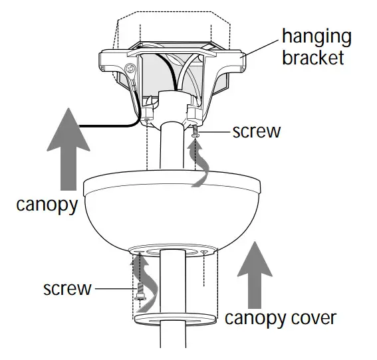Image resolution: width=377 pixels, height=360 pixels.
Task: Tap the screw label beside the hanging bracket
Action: pyautogui.click(x=257, y=130)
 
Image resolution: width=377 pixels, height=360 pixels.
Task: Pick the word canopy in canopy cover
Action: pyautogui.click(x=255, y=319)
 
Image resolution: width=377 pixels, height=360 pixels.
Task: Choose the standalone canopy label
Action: pyautogui.click(x=47, y=203)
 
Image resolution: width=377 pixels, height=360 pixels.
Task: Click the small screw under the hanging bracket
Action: pyautogui.click(x=196, y=136)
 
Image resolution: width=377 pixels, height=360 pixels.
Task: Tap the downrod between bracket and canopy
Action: pyautogui.click(x=172, y=149)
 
